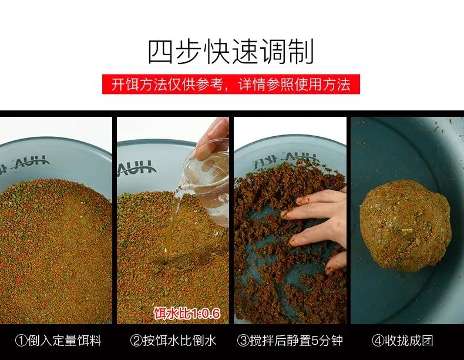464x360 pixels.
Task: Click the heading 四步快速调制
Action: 231,52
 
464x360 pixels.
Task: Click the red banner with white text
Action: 231,85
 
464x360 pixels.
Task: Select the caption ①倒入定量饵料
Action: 58,340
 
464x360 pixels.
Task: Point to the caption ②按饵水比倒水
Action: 173,340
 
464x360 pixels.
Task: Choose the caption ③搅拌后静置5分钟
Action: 290,340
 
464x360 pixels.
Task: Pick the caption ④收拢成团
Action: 406,340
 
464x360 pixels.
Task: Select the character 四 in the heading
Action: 160,52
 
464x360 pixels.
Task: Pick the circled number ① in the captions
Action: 21,340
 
